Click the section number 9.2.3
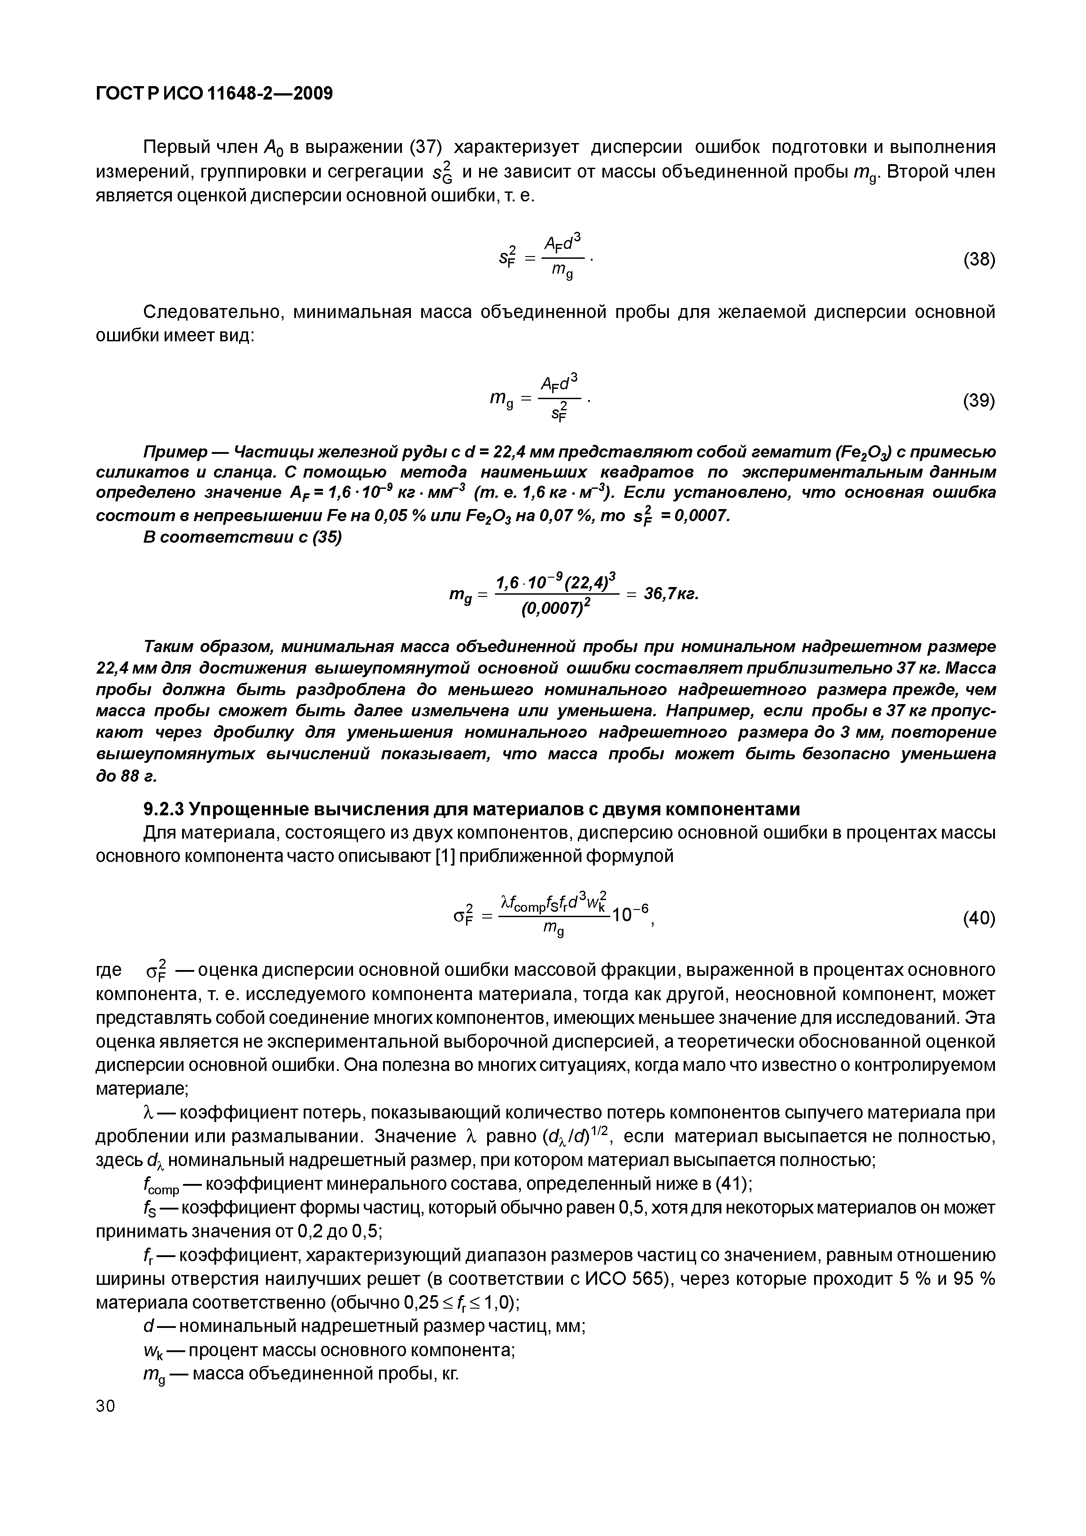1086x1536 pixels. pyautogui.click(x=164, y=809)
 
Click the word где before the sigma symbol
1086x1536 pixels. pyautogui.click(x=109, y=970)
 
